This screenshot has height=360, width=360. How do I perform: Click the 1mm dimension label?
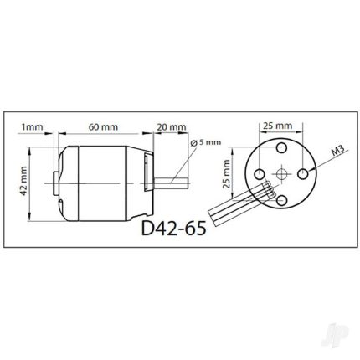(x=33, y=127)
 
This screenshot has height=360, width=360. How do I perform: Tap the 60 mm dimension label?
(x=103, y=127)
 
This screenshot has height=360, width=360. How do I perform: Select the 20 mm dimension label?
(x=172, y=127)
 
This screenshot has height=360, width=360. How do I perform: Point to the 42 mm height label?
(x=24, y=181)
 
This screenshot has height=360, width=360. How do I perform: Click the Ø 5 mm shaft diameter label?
(x=205, y=142)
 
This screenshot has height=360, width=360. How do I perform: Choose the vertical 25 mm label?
(x=227, y=174)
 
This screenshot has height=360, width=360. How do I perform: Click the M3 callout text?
(x=337, y=152)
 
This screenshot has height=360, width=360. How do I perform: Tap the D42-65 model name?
(x=174, y=229)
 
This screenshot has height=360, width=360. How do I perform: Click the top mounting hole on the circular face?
(x=281, y=147)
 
